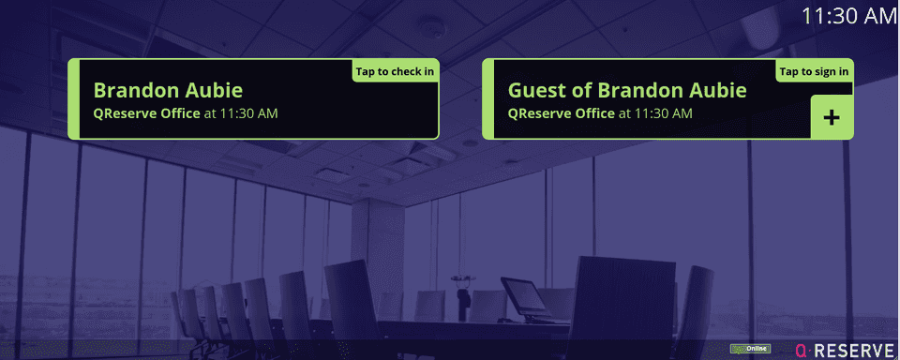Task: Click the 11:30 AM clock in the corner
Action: click(849, 16)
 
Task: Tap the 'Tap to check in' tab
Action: click(395, 71)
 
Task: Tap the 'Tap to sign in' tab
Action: click(814, 71)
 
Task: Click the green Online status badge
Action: click(750, 350)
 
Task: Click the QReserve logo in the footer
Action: click(844, 350)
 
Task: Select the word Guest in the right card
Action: click(536, 91)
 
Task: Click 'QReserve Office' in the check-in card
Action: click(146, 113)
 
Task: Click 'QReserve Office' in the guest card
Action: click(561, 113)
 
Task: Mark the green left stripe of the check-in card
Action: click(73, 99)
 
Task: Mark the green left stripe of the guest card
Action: click(487, 99)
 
